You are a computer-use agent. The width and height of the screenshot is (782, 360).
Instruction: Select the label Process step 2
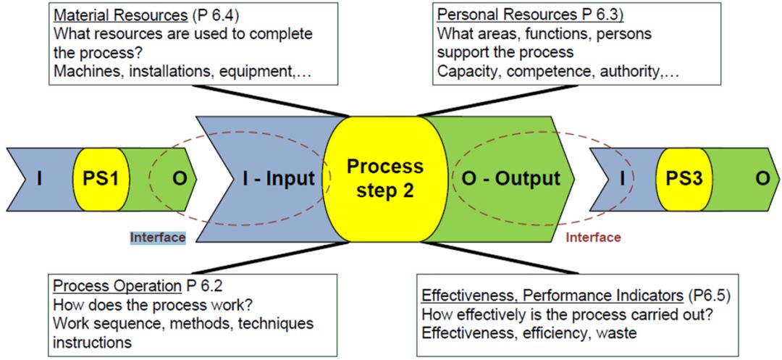[x=384, y=178]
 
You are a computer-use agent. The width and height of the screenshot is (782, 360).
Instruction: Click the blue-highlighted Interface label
[x=157, y=237]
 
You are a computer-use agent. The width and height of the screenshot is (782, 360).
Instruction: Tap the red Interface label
[x=593, y=237]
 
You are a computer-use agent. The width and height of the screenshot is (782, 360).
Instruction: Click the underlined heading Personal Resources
[x=499, y=14]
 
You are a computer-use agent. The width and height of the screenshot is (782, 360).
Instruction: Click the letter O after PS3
[x=762, y=177]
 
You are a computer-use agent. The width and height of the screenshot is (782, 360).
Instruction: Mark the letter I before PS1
[x=38, y=177]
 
